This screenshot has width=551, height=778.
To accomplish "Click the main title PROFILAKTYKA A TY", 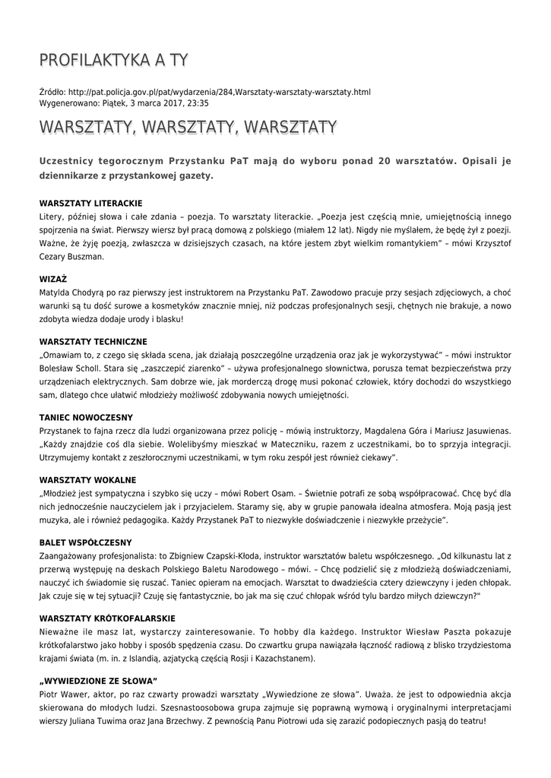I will coord(113,60).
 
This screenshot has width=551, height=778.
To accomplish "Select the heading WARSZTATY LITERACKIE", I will coord(90,204).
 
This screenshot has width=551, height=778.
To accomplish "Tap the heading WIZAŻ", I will coord(53,279).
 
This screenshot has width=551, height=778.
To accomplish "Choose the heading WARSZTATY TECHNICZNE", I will coord(93,342).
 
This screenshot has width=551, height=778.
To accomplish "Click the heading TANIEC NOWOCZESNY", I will coord(86,417).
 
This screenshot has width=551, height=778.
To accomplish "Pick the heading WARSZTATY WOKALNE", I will coord(87,480).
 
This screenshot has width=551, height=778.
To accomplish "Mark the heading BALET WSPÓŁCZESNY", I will coord(85,542).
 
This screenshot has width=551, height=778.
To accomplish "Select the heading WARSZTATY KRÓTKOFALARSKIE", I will coord(107,618).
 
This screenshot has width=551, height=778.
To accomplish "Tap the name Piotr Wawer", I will coord(62,694).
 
